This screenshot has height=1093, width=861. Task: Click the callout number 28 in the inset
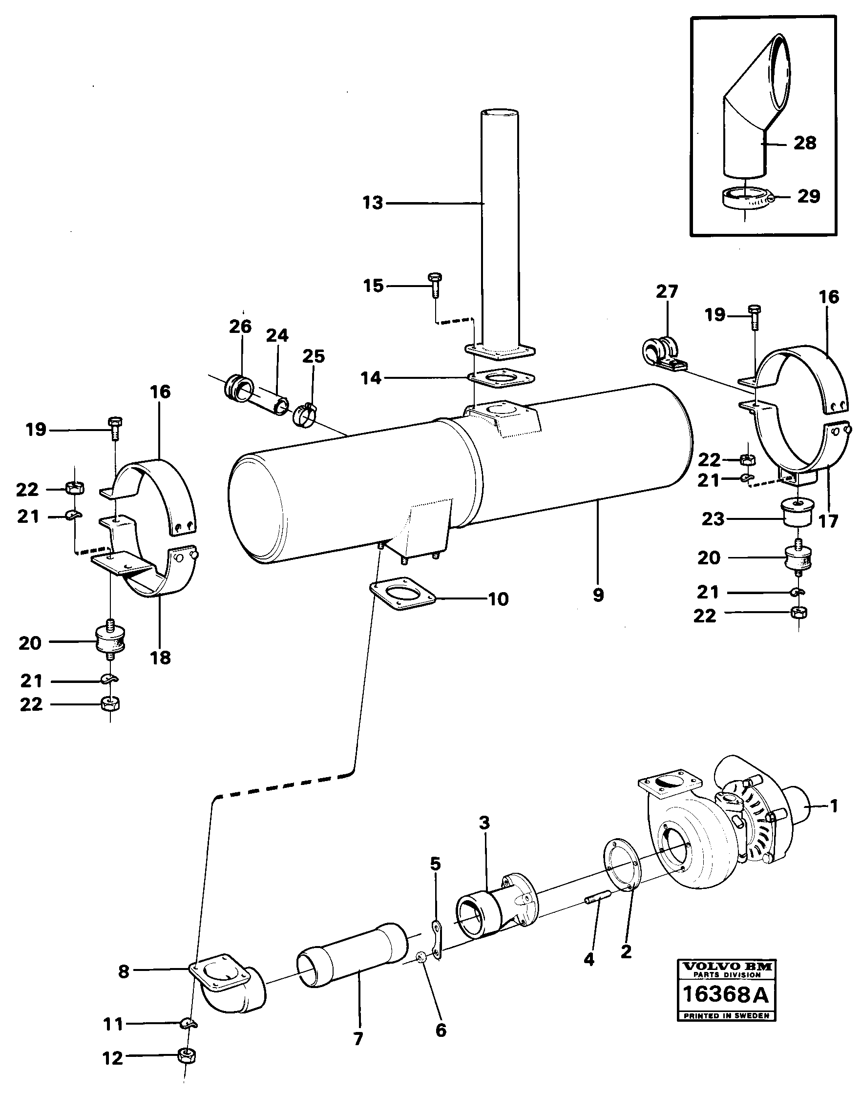pyautogui.click(x=804, y=143)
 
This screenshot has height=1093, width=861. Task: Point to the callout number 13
pyautogui.click(x=373, y=204)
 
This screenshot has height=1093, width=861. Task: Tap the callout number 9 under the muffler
pyautogui.click(x=598, y=595)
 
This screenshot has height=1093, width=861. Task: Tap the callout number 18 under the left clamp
pyautogui.click(x=161, y=657)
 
